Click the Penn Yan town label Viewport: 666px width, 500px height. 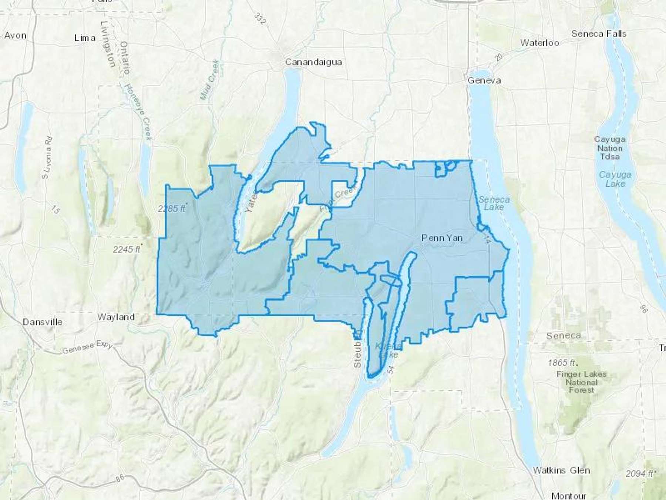click(442, 238)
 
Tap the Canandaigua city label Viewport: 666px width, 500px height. click(313, 62)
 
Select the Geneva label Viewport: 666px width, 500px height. click(484, 80)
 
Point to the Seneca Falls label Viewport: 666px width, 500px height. click(599, 34)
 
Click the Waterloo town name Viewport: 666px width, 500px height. click(539, 43)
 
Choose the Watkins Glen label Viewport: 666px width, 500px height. click(561, 470)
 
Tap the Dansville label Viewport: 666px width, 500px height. click(43, 322)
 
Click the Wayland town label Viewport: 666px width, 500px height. click(116, 317)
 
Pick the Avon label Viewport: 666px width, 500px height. click(16, 36)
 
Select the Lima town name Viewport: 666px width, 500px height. click(85, 38)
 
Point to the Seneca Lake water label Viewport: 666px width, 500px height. click(494, 203)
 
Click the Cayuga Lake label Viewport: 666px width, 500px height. click(615, 179)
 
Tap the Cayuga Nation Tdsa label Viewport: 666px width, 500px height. click(610, 148)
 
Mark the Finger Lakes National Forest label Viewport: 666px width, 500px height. click(581, 382)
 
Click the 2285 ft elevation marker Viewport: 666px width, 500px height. click(172, 209)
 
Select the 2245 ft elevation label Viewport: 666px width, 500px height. click(127, 249)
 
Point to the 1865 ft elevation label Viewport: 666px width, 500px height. click(562, 362)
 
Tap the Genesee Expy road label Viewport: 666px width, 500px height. click(87, 347)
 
